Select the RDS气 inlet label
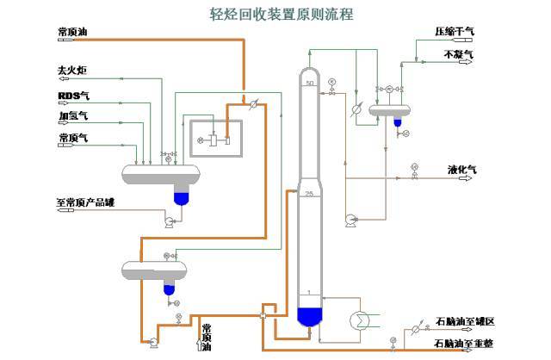coord(73,95)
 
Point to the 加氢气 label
coord(72,115)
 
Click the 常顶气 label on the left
coord(72,137)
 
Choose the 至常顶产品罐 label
coord(85,203)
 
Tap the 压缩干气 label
coord(455,32)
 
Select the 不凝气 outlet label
coord(458,54)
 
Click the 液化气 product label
coord(462,170)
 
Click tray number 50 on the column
coord(310,82)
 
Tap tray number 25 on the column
coord(309,195)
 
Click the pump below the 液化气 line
coord(350,219)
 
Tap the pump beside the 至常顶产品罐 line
coord(169,221)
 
